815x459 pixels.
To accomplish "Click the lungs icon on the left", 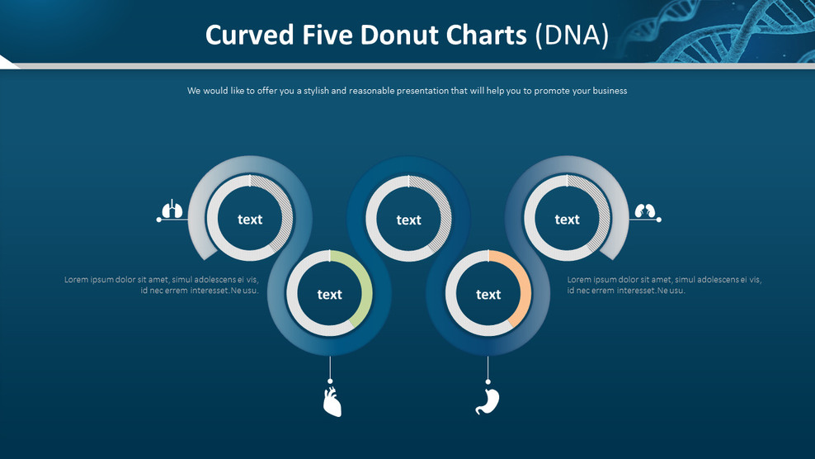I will [x=172, y=210].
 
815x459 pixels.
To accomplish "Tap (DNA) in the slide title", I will [x=571, y=35].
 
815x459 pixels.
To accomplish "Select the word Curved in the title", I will [x=248, y=35].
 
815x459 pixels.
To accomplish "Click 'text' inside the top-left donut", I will [x=250, y=220].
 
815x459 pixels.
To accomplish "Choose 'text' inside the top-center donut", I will [x=408, y=220].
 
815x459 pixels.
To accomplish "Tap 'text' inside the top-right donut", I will [x=568, y=220].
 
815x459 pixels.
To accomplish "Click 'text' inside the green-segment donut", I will [x=329, y=295].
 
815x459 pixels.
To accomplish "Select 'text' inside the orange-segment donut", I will [x=488, y=295].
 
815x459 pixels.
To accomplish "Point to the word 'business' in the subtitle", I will [x=607, y=91].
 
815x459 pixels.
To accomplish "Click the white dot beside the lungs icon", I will [x=159, y=220].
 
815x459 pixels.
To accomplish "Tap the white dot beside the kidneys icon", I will [x=658, y=220].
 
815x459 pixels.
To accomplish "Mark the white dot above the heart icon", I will [x=330, y=381].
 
